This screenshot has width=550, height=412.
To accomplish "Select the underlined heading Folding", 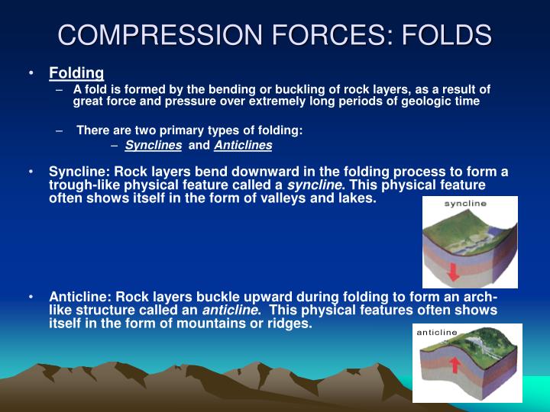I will pyautogui.click(x=76, y=73).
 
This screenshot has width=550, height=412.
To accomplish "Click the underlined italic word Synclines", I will pyautogui.click(x=154, y=145).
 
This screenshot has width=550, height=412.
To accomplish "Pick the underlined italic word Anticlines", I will pyautogui.click(x=243, y=145).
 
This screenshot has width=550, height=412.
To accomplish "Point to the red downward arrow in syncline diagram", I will pyautogui.click(x=454, y=270).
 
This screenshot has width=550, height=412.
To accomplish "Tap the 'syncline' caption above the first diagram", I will pyautogui.click(x=466, y=204).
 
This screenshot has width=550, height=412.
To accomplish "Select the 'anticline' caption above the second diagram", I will pyautogui.click(x=437, y=332).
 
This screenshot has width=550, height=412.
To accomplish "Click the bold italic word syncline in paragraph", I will pyautogui.click(x=314, y=185).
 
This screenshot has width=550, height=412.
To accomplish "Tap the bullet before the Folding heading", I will pyautogui.click(x=31, y=73).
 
